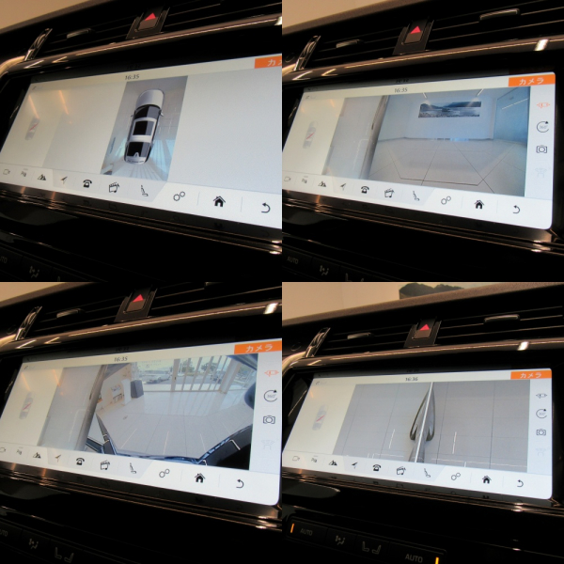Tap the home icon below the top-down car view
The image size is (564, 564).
(218, 200)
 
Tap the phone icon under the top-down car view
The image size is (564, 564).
(86, 183)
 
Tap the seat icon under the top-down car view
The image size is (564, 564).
(144, 192)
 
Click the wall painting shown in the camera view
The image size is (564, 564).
(449, 109)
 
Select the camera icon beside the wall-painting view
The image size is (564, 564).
(541, 149)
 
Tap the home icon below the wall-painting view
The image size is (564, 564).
(478, 203)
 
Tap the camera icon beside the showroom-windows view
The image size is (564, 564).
(270, 419)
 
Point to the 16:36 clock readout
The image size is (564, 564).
(412, 379)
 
